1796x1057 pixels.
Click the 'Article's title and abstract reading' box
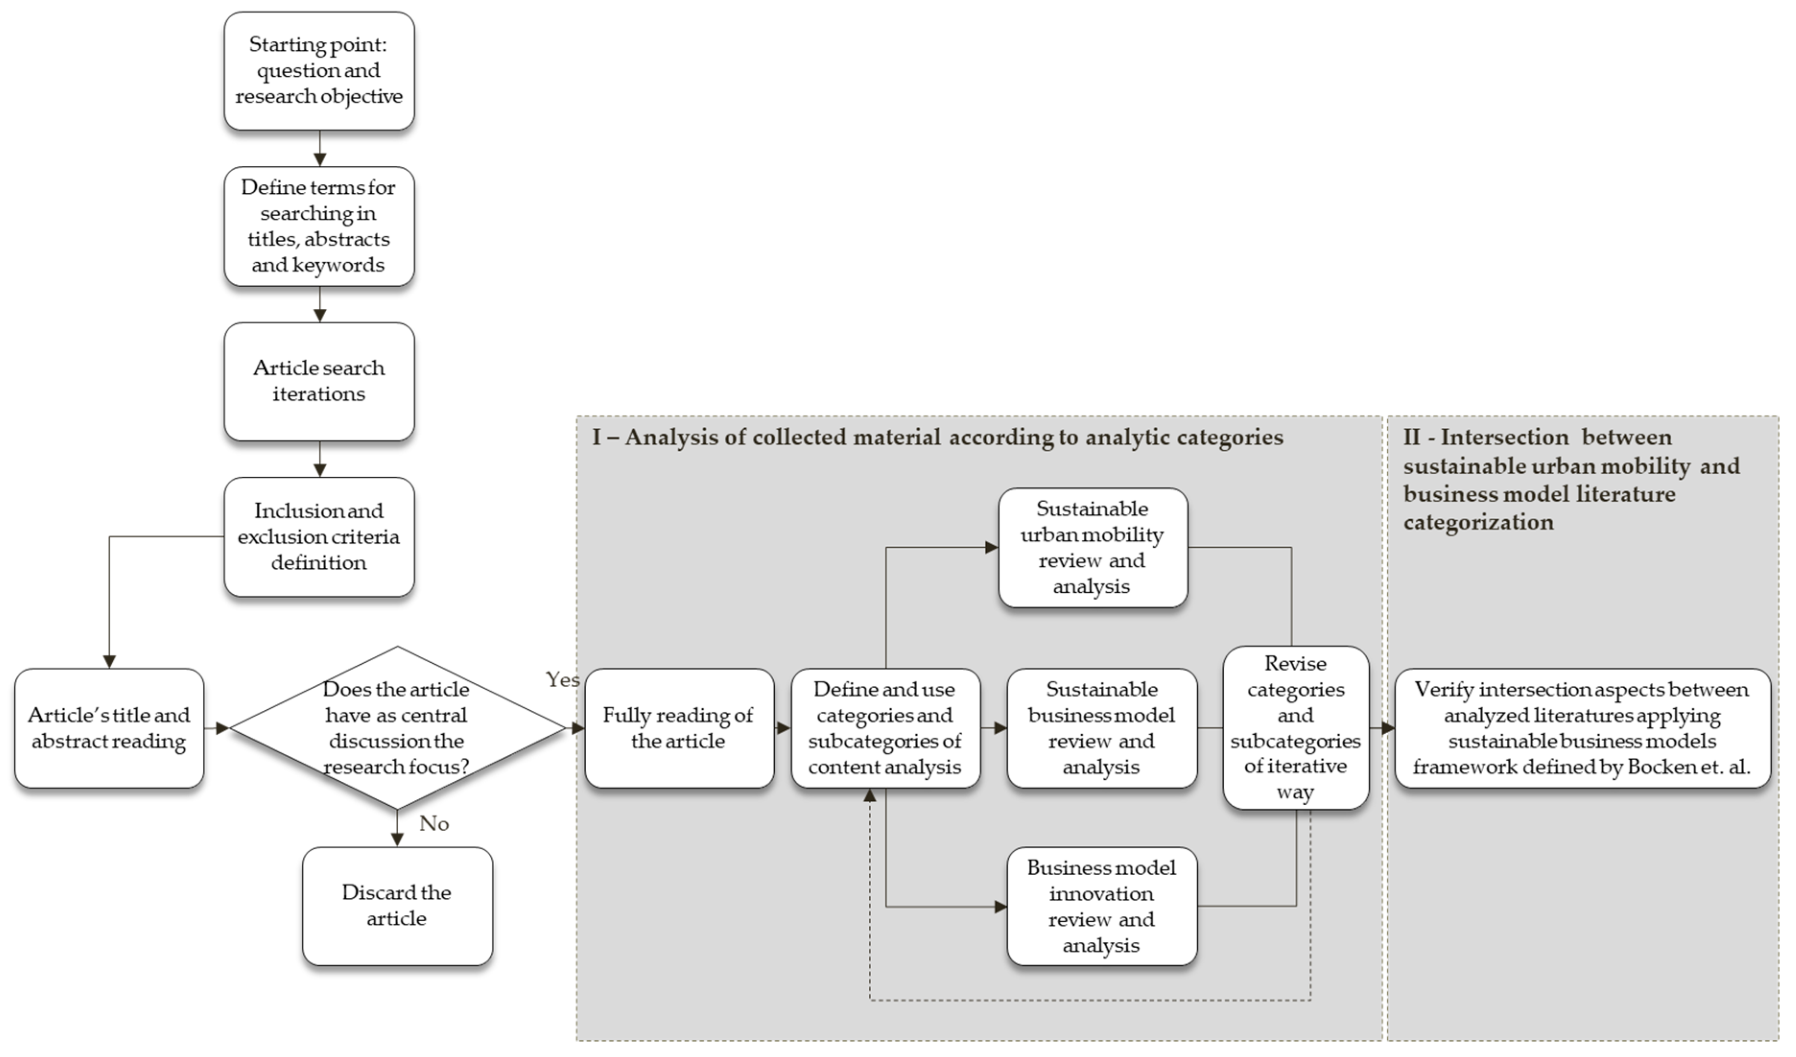109,728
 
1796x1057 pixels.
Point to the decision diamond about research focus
397,728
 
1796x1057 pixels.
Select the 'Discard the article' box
397,906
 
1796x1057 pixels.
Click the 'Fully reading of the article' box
678,728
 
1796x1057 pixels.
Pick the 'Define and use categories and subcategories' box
885,728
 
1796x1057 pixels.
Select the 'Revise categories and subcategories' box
1295,728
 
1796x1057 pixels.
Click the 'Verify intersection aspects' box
1582,728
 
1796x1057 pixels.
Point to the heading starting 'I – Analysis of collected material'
937,437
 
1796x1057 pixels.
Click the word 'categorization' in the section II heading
1478,522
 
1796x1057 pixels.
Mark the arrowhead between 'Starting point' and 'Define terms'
319,159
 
